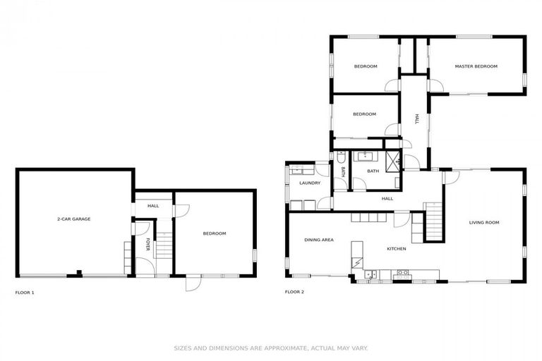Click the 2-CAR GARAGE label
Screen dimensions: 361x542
[x=73, y=219]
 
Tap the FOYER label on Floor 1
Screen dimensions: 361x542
[x=147, y=245]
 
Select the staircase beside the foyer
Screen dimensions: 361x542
[x=164, y=247]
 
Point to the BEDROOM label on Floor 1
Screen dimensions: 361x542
[x=215, y=233]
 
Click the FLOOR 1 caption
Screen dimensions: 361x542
[x=25, y=292]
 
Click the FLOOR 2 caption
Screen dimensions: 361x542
[x=294, y=292]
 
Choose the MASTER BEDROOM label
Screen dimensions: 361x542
[x=476, y=66]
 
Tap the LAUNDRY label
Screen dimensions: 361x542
[x=310, y=183]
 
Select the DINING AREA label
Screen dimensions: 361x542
[x=319, y=240]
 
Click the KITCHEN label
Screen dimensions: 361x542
[x=396, y=248]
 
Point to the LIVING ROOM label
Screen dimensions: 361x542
[x=484, y=223]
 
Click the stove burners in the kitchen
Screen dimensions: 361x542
[x=404, y=272]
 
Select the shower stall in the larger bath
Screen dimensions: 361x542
[x=392, y=159]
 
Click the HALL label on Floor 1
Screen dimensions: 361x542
[x=153, y=206]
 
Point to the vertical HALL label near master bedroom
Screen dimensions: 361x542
[x=417, y=120]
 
